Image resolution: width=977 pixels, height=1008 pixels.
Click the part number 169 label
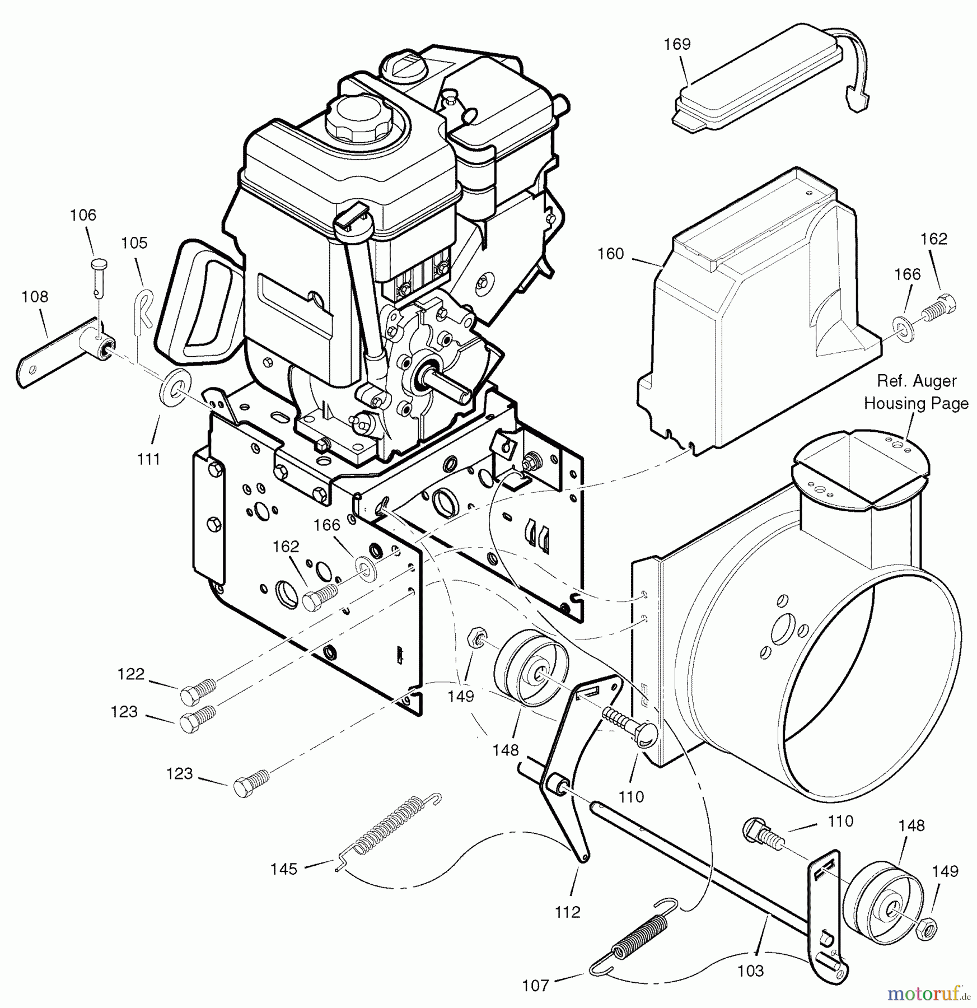[x=677, y=44]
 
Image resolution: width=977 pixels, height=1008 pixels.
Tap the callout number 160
[x=610, y=254]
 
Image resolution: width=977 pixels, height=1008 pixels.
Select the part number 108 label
[x=35, y=296]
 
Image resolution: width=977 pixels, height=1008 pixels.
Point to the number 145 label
[x=284, y=869]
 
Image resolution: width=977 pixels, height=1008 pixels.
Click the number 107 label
[x=536, y=984]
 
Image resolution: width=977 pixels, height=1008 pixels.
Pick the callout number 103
[x=750, y=970]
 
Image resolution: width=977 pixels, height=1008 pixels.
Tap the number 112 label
[x=567, y=912]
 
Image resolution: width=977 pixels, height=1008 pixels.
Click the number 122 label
[x=131, y=674]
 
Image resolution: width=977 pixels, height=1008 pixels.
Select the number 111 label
[x=148, y=459]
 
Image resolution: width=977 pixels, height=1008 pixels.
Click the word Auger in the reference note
[x=945, y=381]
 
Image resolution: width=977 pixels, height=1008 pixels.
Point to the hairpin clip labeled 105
[x=144, y=308]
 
